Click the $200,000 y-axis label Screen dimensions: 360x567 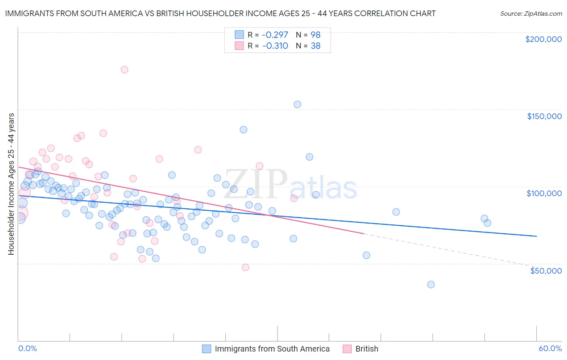point(543,39)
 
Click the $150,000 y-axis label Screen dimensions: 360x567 point(544,116)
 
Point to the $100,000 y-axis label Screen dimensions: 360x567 point(544,193)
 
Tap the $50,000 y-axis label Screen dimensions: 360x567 point(546,270)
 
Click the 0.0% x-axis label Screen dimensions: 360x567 point(27,348)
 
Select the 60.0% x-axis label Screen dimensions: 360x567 point(550,348)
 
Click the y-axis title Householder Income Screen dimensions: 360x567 point(11,184)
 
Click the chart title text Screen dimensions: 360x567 point(220,13)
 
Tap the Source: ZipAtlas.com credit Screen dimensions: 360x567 point(531,13)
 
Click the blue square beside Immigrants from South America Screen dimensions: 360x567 point(206,349)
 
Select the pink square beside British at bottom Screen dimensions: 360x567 point(347,349)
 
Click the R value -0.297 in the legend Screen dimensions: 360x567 point(275,35)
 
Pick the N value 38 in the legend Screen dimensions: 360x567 point(315,46)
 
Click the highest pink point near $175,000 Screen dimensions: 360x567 point(124,69)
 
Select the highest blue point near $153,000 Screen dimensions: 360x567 point(297,105)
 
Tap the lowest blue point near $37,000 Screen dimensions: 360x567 point(431,285)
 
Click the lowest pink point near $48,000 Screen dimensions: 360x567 point(245,267)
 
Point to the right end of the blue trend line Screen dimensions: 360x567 point(536,236)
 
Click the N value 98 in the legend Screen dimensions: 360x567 point(315,35)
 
